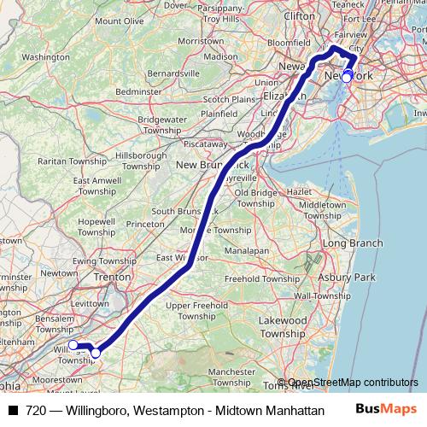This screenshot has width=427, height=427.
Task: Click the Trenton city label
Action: click(113, 277)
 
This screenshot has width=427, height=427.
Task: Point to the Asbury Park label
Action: click(347, 278)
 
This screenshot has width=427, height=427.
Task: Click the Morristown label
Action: click(201, 41)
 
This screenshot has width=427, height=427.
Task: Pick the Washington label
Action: click(44, 57)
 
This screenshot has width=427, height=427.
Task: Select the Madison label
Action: click(220, 56)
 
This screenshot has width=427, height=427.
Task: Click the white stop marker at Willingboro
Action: click(73, 345)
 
